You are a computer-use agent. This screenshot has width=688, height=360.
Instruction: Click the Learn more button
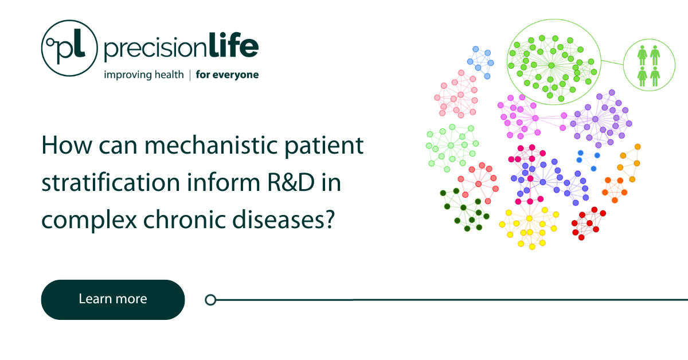click(x=113, y=299)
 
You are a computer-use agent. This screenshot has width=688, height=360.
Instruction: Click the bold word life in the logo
click(x=234, y=45)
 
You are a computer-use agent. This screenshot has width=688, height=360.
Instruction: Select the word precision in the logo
click(x=156, y=48)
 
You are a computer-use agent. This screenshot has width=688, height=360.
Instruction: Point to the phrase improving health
click(x=144, y=75)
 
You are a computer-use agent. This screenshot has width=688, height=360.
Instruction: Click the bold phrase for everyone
click(x=227, y=75)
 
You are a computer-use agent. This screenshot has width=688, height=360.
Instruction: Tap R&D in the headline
click(x=291, y=182)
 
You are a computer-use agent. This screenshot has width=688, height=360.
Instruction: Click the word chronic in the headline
click(x=184, y=220)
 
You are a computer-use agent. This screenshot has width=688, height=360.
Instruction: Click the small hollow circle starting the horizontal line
click(x=210, y=300)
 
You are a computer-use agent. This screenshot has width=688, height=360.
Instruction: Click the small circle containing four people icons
click(x=649, y=65)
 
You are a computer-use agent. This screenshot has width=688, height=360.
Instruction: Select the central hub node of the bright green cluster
click(x=552, y=65)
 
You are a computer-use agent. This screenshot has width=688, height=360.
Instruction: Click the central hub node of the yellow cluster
click(x=529, y=218)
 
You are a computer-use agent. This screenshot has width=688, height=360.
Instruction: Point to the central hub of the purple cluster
click(x=595, y=119)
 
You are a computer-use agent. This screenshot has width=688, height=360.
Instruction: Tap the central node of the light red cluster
click(x=478, y=184)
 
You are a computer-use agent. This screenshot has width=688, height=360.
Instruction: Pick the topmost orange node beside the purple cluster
click(x=638, y=147)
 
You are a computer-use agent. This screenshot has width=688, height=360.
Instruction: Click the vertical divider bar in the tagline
click(x=190, y=75)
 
